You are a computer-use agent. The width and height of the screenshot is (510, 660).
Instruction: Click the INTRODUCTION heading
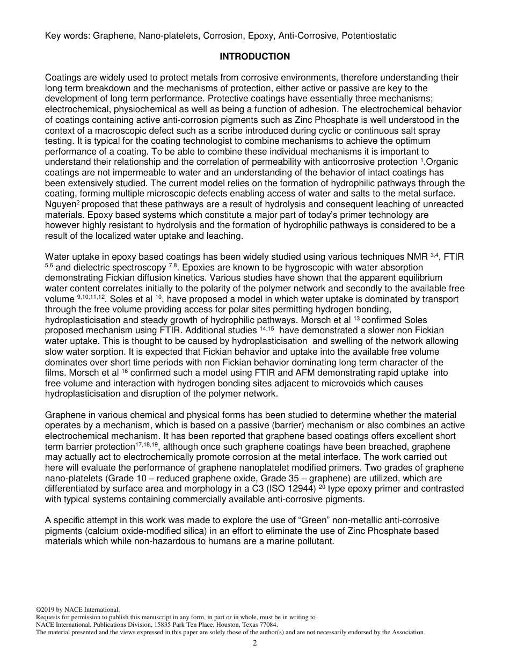[255, 56]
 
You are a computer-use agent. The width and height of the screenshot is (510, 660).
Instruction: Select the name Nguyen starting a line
[60, 204]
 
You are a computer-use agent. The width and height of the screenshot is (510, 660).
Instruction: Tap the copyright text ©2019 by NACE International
[77, 610]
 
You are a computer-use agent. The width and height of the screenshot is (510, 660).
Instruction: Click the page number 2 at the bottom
[255, 643]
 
